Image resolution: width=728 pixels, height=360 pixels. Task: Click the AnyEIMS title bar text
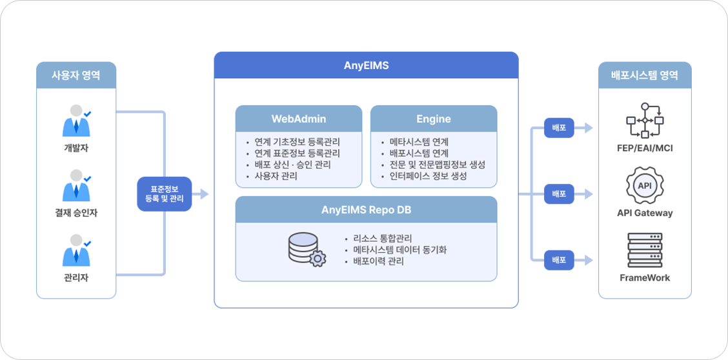point(366,65)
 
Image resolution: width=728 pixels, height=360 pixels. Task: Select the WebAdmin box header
point(298,119)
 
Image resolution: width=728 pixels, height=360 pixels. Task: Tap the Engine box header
point(433,119)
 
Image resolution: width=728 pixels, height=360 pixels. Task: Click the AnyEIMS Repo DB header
point(366,210)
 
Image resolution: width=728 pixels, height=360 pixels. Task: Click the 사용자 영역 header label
point(76,75)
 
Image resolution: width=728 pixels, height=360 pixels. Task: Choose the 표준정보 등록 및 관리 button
point(164,194)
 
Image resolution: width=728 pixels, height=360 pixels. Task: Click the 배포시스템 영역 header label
point(644,75)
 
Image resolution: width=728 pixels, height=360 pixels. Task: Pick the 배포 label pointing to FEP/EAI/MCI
point(558,128)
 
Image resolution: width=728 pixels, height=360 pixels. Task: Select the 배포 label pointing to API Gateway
point(558,194)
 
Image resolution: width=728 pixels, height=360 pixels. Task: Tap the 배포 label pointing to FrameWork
point(558,260)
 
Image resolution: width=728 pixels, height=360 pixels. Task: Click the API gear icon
point(644,186)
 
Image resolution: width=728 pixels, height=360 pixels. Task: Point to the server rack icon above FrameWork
point(644,251)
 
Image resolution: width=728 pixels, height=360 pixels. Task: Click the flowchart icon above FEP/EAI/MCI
point(644,120)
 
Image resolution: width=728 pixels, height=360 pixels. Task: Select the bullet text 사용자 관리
point(276,176)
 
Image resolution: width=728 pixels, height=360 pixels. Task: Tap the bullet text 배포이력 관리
point(378,261)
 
